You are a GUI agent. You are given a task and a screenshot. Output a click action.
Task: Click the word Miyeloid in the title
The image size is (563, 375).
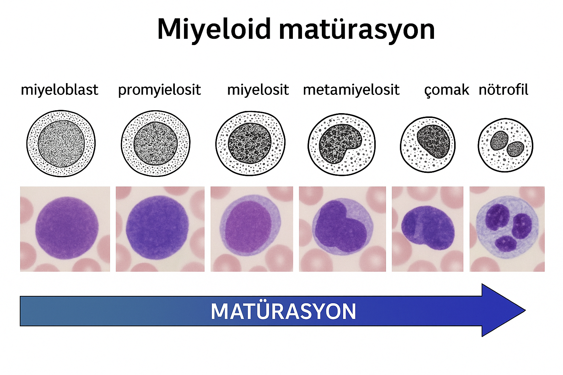click(x=214, y=29)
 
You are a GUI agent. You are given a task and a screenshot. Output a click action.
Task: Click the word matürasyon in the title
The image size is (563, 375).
click(x=357, y=29)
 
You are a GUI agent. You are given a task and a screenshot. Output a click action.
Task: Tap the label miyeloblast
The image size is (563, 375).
click(x=60, y=90)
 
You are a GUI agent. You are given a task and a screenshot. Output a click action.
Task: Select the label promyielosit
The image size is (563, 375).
click(x=159, y=90)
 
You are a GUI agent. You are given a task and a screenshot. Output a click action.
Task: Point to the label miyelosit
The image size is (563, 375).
click(x=258, y=90)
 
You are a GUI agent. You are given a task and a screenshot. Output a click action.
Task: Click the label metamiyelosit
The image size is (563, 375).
click(x=352, y=90)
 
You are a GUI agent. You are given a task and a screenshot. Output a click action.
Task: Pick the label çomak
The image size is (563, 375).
click(x=447, y=90)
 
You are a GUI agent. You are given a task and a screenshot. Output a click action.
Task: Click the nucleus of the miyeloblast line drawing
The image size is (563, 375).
click(x=61, y=144)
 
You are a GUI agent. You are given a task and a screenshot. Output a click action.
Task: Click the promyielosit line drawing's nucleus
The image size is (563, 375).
click(x=155, y=144)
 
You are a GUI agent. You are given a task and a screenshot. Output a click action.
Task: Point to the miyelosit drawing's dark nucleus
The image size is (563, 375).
click(x=250, y=143)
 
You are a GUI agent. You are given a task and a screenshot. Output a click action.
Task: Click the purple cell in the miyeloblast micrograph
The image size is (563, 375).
click(x=67, y=228)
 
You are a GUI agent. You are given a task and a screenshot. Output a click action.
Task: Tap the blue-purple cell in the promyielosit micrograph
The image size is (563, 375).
click(x=157, y=227)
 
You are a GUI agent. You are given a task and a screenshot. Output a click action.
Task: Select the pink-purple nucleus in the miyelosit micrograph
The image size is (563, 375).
click(x=248, y=227)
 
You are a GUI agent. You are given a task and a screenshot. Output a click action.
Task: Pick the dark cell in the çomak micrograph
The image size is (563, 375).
click(x=428, y=228)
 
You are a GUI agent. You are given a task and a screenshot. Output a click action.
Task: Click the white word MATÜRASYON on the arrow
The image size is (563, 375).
click(x=283, y=311)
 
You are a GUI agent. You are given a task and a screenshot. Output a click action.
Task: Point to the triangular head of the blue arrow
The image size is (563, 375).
click(x=500, y=311)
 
